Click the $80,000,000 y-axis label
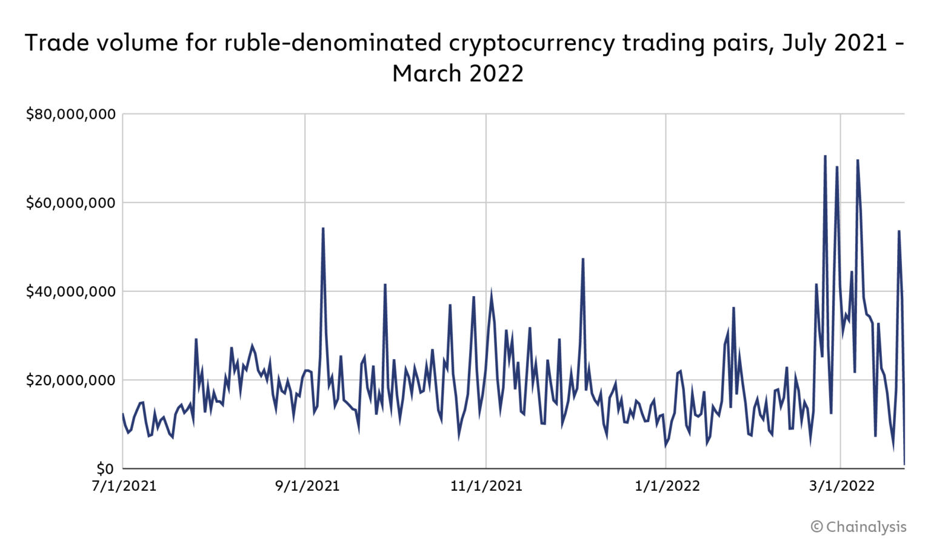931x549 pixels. point(70,114)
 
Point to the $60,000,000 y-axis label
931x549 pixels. point(70,203)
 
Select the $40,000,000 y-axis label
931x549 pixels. point(70,292)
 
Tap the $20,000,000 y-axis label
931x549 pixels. point(70,380)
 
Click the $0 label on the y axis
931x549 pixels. point(105,469)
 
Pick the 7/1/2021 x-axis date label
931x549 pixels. point(124,486)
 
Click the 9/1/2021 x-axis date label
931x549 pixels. point(307,486)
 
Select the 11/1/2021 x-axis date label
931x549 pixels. point(486,486)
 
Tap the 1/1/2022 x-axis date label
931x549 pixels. point(667,486)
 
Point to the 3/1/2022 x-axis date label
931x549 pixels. point(843,486)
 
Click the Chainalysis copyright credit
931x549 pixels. point(858,527)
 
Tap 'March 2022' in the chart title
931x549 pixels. point(458,73)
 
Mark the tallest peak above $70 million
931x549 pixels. point(825,156)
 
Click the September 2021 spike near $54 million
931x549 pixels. point(323,228)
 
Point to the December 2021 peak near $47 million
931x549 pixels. point(582,259)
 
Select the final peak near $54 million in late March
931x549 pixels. point(899,231)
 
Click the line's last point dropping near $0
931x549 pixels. point(904,465)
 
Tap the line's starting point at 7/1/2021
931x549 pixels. point(123,414)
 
